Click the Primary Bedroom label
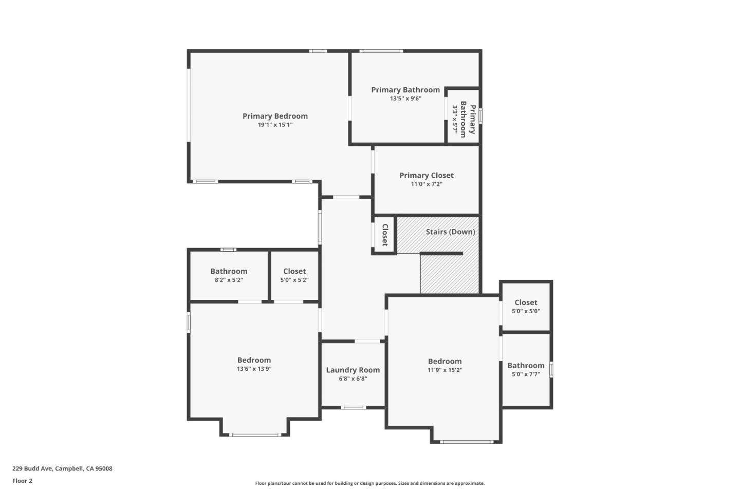(275, 116)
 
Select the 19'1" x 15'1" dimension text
(275, 125)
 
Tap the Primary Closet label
(427, 175)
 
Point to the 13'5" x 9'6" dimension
(405, 99)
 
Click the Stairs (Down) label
(451, 232)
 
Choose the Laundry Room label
(353, 370)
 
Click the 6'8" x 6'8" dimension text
(353, 379)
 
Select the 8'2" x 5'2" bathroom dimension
(229, 280)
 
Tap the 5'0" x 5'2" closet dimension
(294, 280)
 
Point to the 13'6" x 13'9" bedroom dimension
(254, 369)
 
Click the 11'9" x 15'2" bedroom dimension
(445, 370)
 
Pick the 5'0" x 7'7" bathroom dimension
(526, 374)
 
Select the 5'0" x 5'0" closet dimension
(526, 311)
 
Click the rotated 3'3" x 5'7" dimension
(455, 120)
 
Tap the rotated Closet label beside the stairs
(385, 235)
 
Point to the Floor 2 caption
(23, 481)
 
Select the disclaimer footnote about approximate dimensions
(369, 483)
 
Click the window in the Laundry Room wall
(354, 407)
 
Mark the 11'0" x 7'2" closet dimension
(427, 184)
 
